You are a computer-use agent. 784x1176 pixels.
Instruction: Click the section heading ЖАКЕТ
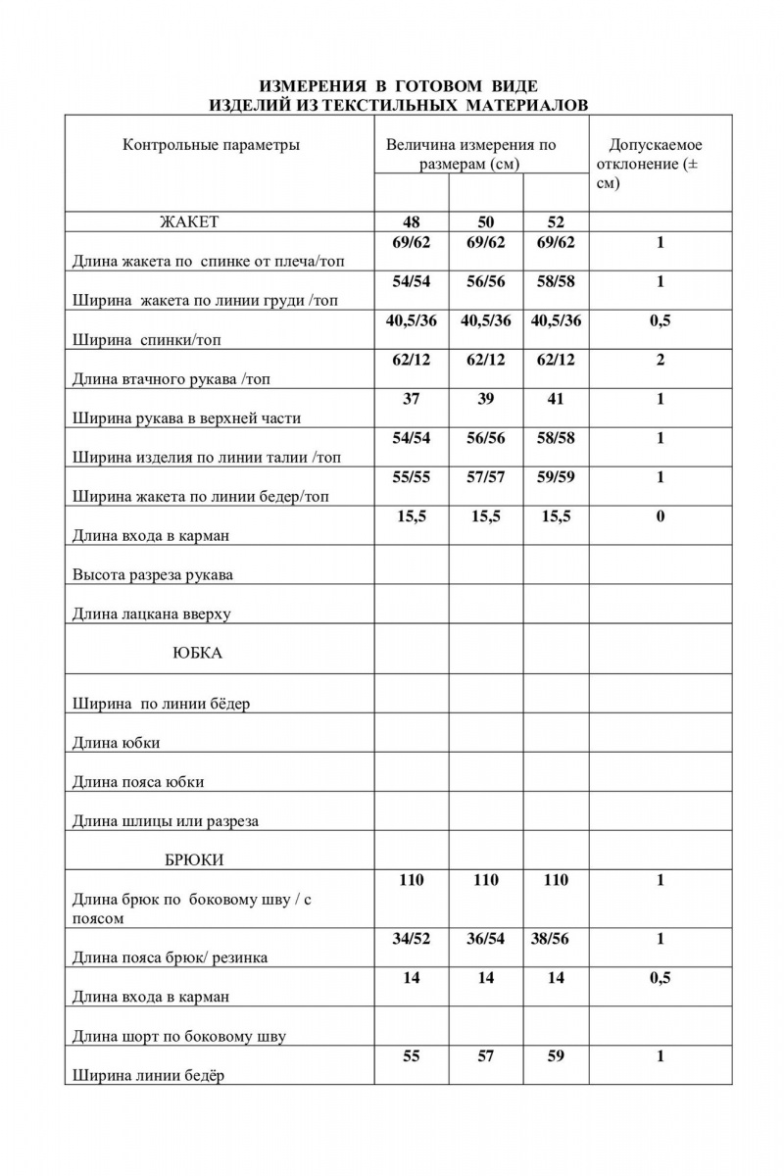coord(189,222)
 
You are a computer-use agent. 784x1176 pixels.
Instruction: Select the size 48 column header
coord(412,222)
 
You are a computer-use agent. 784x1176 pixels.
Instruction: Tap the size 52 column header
coord(556,222)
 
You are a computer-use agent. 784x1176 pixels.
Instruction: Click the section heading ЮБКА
coord(197,654)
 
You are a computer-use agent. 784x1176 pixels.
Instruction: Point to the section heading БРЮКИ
coord(194,860)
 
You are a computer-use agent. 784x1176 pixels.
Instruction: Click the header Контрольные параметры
coord(211,145)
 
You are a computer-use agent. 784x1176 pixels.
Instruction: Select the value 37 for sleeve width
coord(412,399)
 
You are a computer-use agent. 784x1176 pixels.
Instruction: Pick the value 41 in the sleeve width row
coord(556,399)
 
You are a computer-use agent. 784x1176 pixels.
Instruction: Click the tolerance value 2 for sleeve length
coord(660,360)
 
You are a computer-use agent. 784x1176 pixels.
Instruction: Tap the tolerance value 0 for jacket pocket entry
coord(660,516)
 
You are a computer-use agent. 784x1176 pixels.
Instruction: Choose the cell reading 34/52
coord(412,939)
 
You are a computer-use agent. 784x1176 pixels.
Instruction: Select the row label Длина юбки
coord(117,743)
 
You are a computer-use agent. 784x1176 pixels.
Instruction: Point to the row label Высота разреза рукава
coord(152,575)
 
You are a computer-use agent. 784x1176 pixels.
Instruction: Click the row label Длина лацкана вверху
coord(151,614)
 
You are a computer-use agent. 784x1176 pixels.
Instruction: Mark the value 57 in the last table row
coord(486,1056)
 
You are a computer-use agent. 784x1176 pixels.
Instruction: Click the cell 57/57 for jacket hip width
coord(486,477)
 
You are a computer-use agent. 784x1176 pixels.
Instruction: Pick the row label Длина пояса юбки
coord(138,782)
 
